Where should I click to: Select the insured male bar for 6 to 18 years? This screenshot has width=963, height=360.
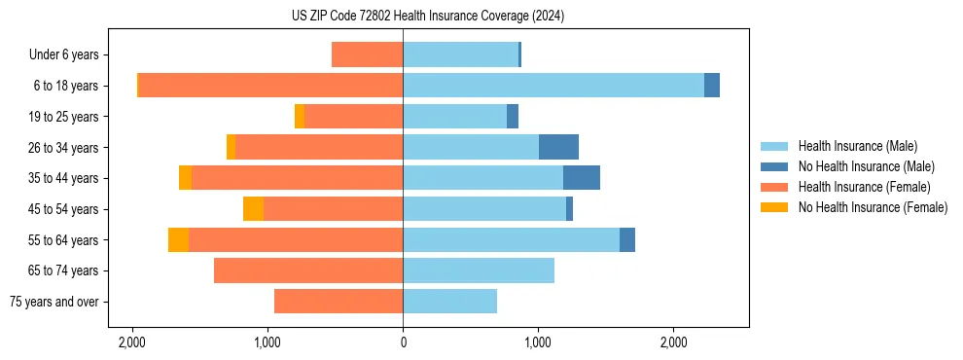click(x=553, y=86)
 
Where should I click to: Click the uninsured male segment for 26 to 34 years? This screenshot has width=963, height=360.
click(x=558, y=147)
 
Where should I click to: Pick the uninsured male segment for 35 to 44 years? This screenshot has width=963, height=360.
click(x=581, y=178)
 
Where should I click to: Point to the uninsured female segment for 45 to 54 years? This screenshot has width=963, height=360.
click(x=253, y=209)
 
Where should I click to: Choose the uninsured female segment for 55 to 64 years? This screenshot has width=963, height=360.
click(x=178, y=239)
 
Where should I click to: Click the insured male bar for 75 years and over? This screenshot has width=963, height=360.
click(x=449, y=302)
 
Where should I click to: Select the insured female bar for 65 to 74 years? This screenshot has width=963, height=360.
click(x=308, y=270)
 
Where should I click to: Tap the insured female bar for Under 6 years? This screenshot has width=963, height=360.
click(x=367, y=54)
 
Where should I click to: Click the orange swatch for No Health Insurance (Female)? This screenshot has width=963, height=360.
click(x=774, y=207)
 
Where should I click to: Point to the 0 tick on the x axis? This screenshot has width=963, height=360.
click(x=403, y=342)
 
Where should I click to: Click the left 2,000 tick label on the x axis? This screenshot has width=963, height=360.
click(x=131, y=342)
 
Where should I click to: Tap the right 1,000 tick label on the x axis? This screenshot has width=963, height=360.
click(x=538, y=342)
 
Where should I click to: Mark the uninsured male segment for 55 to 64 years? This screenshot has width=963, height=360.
click(x=627, y=239)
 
